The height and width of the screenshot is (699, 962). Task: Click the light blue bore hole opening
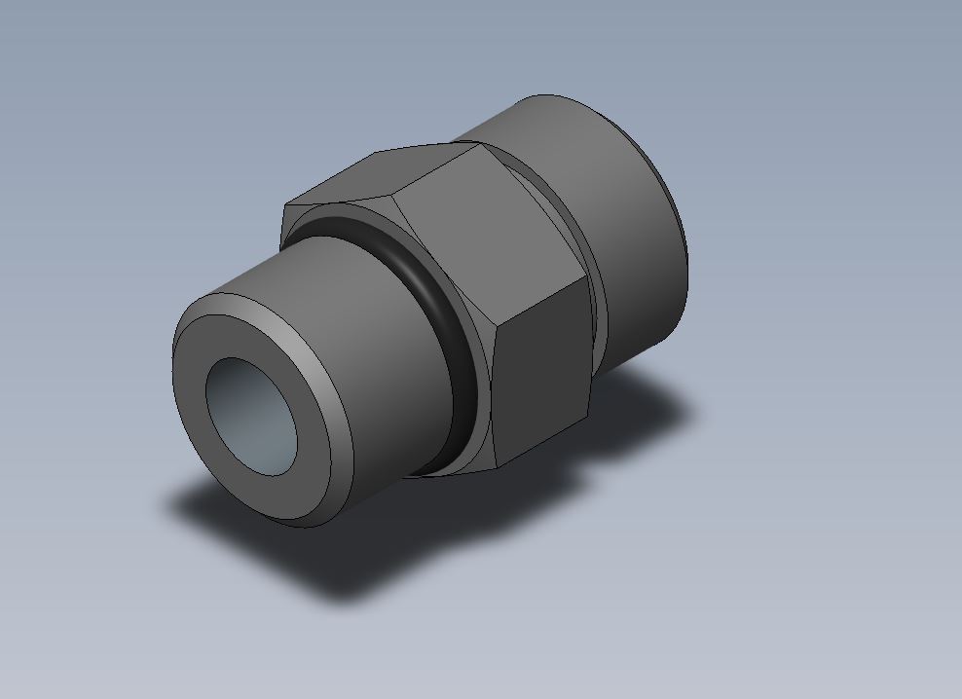pos(252,414)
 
